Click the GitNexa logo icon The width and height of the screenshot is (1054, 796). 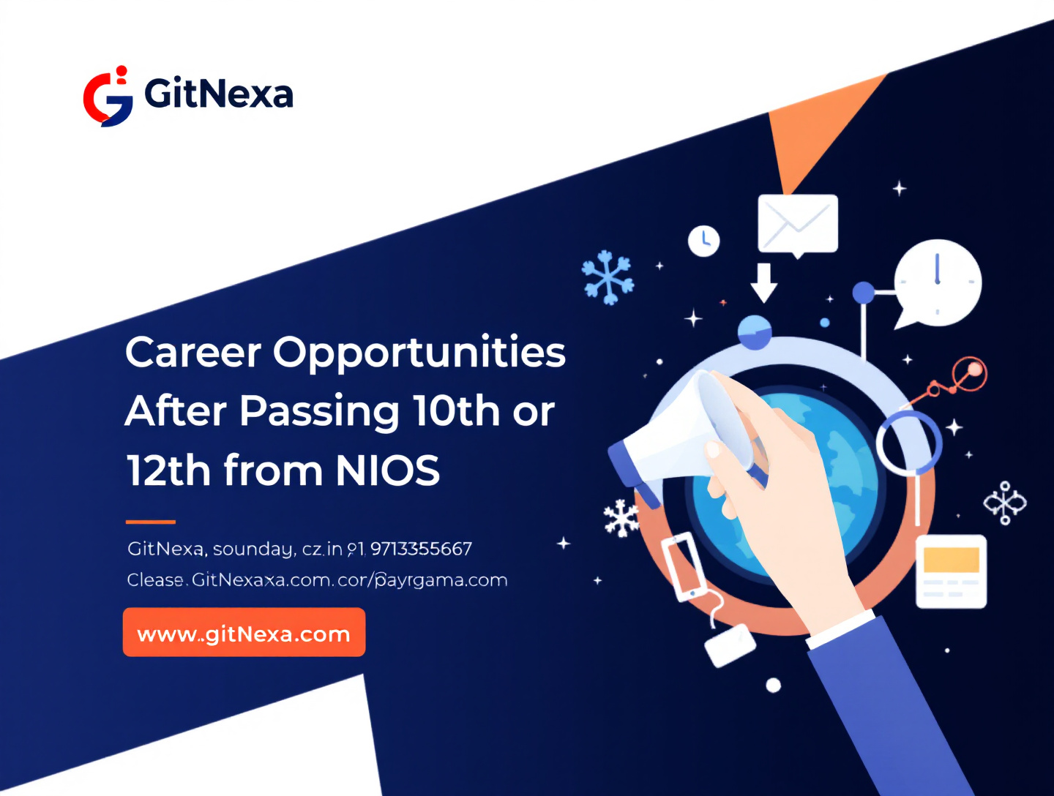pyautogui.click(x=108, y=97)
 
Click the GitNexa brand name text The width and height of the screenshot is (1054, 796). pyautogui.click(x=219, y=94)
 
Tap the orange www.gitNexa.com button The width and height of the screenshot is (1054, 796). pyautogui.click(x=244, y=633)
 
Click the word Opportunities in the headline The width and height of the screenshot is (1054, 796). pyautogui.click(x=419, y=352)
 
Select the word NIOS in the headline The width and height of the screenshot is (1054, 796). pyautogui.click(x=388, y=470)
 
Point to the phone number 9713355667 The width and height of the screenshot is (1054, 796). pyautogui.click(x=421, y=549)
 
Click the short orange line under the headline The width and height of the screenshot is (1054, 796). pyautogui.click(x=151, y=522)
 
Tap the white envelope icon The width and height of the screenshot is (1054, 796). pyautogui.click(x=798, y=223)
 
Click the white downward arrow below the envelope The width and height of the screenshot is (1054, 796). pyautogui.click(x=764, y=282)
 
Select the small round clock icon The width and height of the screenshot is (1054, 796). pyautogui.click(x=704, y=241)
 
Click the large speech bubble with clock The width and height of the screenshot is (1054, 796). pyautogui.click(x=937, y=282)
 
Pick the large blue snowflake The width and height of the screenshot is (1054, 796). pyautogui.click(x=607, y=277)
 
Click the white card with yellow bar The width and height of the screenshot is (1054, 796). pyautogui.click(x=951, y=571)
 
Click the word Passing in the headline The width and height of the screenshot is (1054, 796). pyautogui.click(x=319, y=410)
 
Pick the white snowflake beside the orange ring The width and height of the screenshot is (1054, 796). pyautogui.click(x=621, y=517)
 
